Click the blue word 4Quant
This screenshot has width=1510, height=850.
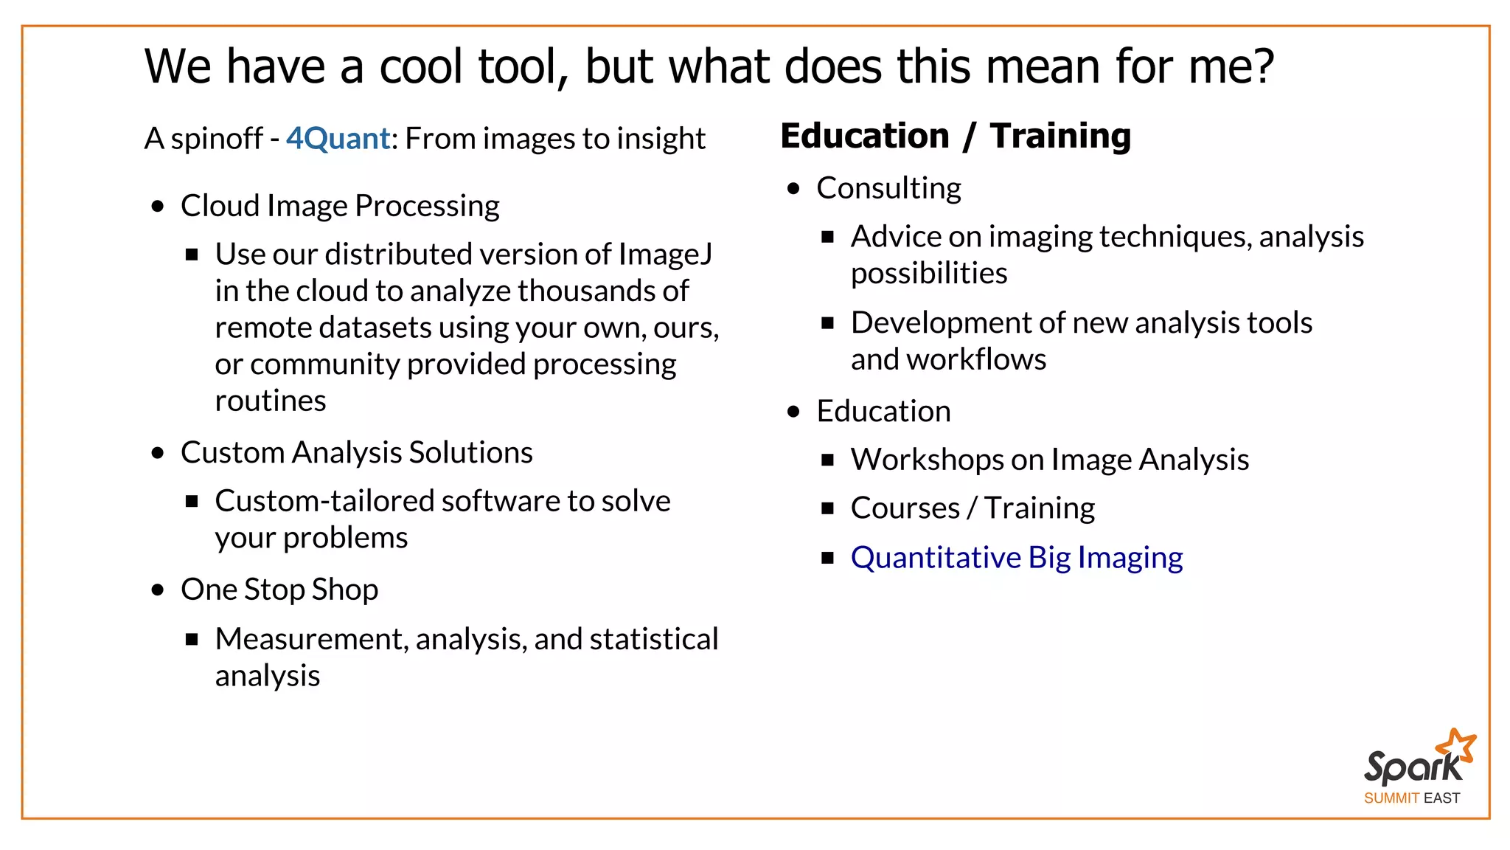(338, 139)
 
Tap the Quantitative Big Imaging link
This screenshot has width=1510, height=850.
(1016, 558)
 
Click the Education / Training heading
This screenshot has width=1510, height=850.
(956, 136)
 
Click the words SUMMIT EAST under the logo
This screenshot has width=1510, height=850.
(1411, 798)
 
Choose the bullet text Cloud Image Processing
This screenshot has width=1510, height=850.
(340, 206)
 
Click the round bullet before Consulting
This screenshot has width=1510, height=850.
(793, 189)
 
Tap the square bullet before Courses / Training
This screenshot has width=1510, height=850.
(827, 508)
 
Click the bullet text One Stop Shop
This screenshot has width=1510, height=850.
(279, 590)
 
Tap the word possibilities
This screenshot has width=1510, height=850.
(929, 274)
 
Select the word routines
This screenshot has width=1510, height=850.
(271, 401)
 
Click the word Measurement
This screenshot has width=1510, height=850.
(310, 639)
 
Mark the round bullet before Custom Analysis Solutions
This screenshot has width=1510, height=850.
(158, 453)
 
